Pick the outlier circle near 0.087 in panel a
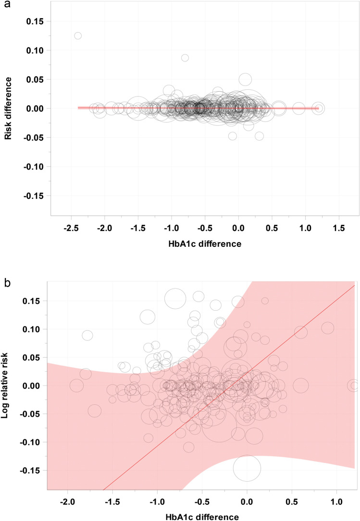pyautogui.click(x=185, y=58)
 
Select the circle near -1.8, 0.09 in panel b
pyautogui.click(x=87, y=335)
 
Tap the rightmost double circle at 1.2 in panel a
pyautogui.click(x=318, y=109)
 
